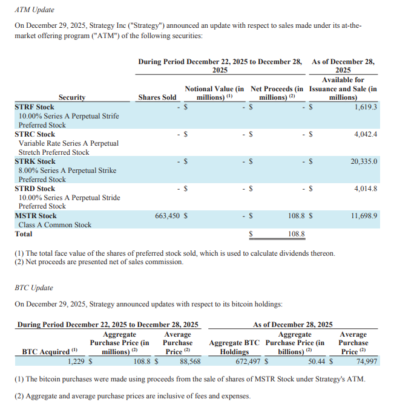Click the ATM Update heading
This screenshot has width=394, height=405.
point(34,10)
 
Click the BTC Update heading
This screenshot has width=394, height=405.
point(33,288)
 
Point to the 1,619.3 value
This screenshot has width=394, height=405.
point(366,107)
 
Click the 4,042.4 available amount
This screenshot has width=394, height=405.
point(366,134)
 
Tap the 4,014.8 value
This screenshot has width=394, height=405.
point(366,189)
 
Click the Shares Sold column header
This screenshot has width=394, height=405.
point(157,97)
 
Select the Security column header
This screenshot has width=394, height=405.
point(72,97)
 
